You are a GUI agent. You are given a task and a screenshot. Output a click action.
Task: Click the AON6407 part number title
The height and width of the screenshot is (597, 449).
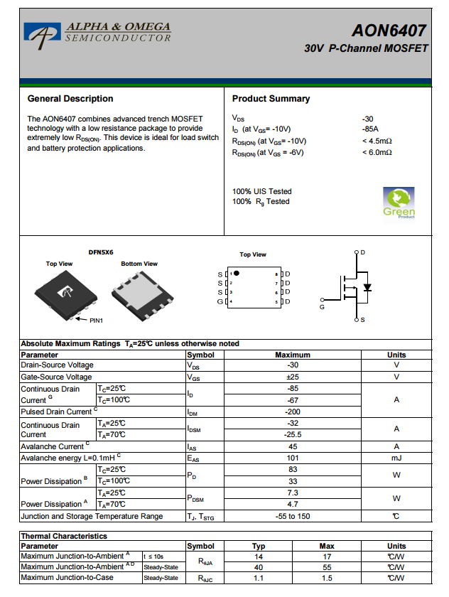click(389, 31)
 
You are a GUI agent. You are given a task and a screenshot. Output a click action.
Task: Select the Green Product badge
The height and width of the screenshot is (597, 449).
click(399, 203)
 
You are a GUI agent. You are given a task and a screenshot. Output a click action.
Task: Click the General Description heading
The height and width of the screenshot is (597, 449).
click(70, 99)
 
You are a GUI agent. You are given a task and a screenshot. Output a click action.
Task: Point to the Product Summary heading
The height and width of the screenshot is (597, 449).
click(271, 99)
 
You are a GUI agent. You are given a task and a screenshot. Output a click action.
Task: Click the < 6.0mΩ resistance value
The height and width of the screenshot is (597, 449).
click(377, 152)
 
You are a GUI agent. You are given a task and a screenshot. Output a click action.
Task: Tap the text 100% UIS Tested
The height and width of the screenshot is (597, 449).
click(261, 191)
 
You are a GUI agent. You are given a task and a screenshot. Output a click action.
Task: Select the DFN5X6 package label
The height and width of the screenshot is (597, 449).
click(100, 252)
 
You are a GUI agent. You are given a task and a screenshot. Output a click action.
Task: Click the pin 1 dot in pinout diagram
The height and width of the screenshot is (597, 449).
click(237, 273)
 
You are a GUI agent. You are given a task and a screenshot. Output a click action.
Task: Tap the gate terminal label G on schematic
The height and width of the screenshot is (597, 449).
click(322, 307)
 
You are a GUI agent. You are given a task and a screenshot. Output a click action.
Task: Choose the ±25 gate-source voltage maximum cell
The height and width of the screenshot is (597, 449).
click(292, 377)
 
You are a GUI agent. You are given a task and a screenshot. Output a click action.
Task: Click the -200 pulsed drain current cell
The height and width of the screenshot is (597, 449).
click(292, 412)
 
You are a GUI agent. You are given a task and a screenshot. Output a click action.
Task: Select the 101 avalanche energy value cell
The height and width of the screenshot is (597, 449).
click(292, 458)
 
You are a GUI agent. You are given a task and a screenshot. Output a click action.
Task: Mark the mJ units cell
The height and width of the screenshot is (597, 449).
click(396, 458)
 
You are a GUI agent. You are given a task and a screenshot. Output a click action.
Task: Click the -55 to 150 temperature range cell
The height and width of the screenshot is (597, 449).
click(292, 516)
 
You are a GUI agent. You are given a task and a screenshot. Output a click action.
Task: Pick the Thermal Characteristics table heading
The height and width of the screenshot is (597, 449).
click(64, 536)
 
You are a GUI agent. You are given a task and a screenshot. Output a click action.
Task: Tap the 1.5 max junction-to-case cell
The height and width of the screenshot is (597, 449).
click(326, 578)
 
